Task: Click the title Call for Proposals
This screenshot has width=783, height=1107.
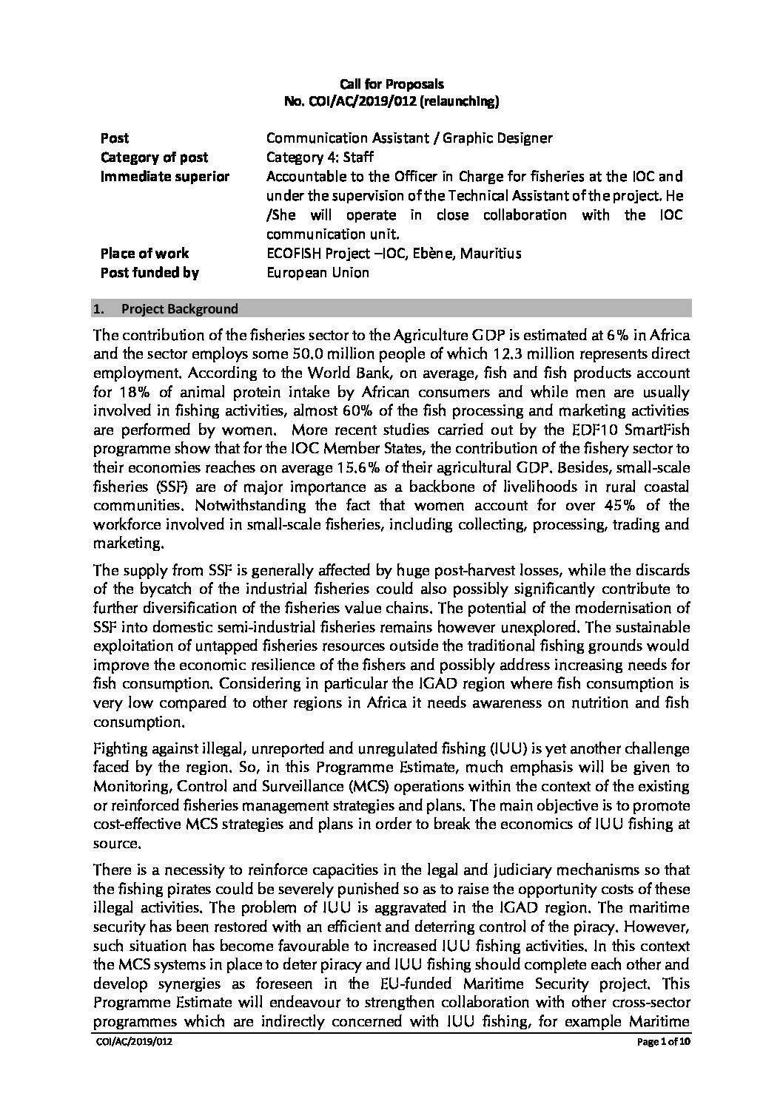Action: (x=391, y=85)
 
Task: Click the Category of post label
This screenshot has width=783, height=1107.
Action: (x=154, y=158)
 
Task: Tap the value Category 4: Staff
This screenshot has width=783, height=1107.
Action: (x=320, y=158)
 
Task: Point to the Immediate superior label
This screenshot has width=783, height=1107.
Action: (x=164, y=177)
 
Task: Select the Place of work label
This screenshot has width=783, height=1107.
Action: (x=144, y=254)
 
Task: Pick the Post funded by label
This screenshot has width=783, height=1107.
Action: (x=149, y=273)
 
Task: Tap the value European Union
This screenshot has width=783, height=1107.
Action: (x=317, y=273)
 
